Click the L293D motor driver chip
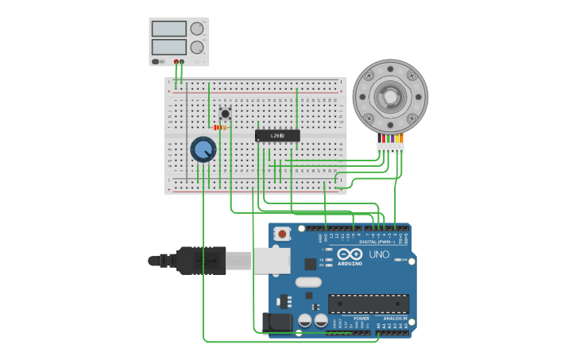pos(277,136)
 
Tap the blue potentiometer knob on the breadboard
pos(203,149)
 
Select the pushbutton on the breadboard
pos(225,114)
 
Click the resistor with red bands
pos(219,127)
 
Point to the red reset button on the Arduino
pos(282,234)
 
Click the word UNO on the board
pos(379,254)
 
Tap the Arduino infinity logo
pos(350,254)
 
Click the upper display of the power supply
pos(168,29)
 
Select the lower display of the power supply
pos(168,47)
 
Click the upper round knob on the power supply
pos(196,29)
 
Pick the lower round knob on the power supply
pos(196,47)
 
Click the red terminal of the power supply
pos(176,61)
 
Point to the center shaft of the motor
pos(390,97)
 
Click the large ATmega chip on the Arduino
pos(369,304)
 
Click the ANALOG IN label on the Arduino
pos(395,318)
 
